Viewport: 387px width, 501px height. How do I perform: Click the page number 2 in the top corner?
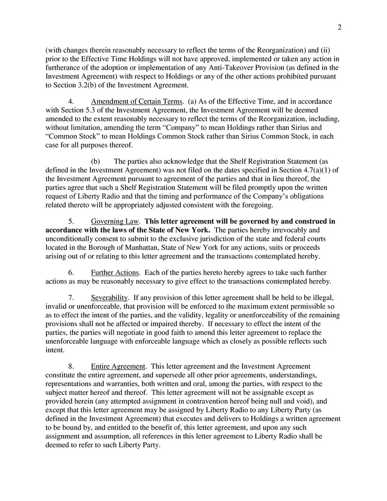(340, 27)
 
